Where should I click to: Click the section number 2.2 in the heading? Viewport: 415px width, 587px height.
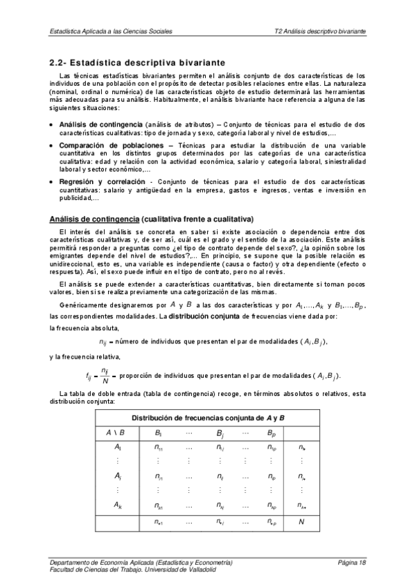(58, 62)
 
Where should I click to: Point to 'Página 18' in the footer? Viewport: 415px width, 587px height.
(352, 562)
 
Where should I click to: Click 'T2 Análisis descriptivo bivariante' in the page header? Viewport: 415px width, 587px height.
(319, 31)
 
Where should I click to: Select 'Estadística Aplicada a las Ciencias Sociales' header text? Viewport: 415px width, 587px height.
(112, 31)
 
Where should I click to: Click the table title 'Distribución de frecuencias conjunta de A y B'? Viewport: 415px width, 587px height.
(208, 418)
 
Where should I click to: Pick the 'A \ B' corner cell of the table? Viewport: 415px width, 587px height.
(115, 433)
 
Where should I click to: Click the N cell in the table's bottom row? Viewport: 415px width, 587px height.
(301, 522)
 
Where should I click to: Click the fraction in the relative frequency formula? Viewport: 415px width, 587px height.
(105, 376)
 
